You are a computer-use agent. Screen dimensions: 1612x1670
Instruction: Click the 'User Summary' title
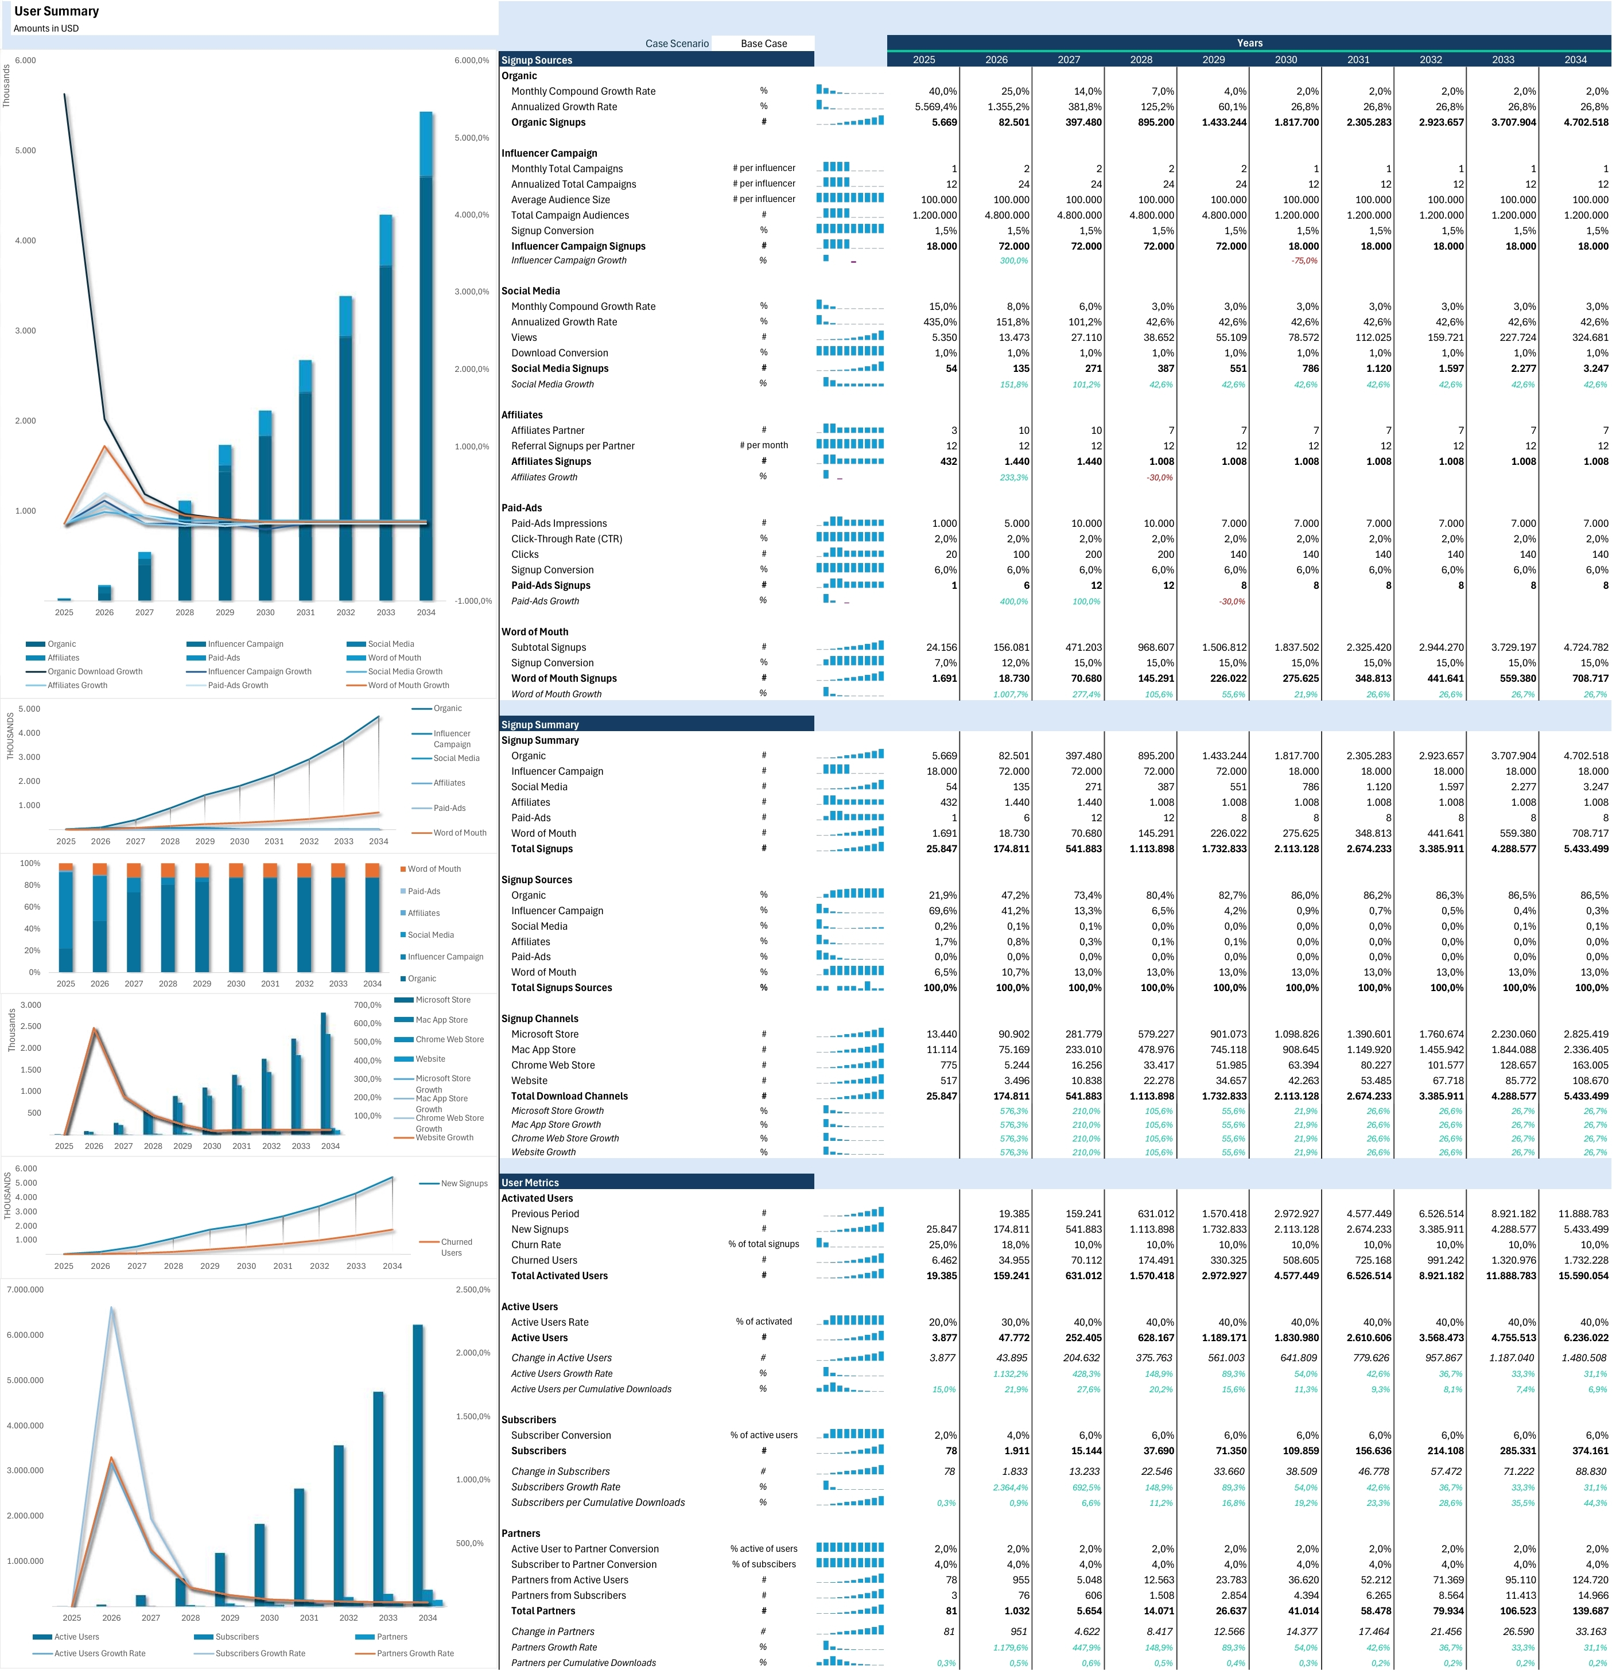click(x=56, y=11)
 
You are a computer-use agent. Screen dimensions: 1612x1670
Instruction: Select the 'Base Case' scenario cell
click(x=763, y=44)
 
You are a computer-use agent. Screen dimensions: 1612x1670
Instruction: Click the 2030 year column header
click(x=1285, y=60)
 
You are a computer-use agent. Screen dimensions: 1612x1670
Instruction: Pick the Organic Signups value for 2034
click(x=1586, y=122)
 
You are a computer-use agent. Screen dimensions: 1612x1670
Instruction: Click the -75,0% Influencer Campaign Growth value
click(x=1304, y=261)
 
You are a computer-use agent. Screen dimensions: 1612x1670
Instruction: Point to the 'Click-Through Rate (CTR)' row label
click(x=566, y=538)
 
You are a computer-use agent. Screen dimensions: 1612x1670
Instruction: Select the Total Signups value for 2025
click(x=941, y=849)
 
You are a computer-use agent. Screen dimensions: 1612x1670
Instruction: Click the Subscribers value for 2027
click(x=1085, y=1451)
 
